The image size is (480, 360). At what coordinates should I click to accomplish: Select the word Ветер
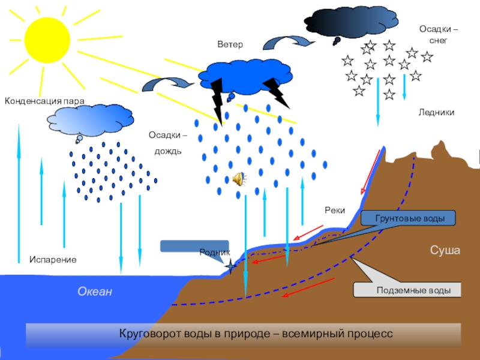tap(230, 45)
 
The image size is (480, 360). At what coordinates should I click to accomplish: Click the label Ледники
tap(436, 112)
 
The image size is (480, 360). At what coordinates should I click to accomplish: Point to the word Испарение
tap(53, 260)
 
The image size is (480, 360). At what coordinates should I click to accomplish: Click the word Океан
tap(95, 292)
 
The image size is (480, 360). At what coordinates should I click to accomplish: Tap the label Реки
tap(334, 210)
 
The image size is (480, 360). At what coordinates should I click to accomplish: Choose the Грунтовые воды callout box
tap(409, 218)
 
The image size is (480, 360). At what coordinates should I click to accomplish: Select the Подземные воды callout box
tap(409, 290)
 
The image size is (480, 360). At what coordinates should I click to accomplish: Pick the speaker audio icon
tap(238, 179)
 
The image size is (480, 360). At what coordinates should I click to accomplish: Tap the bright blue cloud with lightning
tap(237, 76)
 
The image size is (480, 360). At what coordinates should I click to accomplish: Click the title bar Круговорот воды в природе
tap(243, 333)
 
